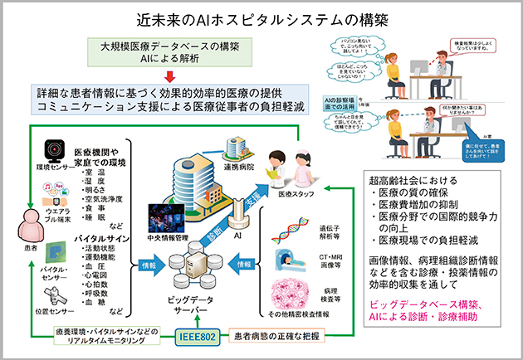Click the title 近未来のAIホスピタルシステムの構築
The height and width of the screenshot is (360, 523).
[x=261, y=17]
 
